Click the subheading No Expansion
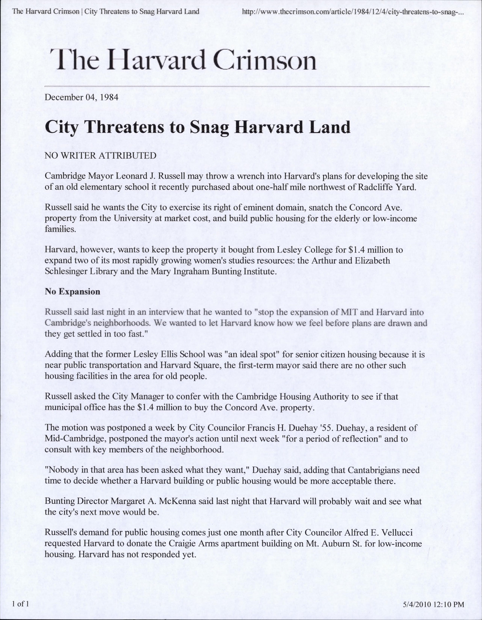coord(72,291)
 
